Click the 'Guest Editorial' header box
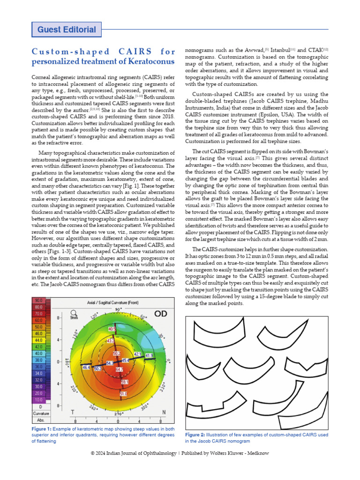click(67, 30)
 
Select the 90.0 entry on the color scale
click(38, 300)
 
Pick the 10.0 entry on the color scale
click(38, 399)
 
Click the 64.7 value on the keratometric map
click(120, 370)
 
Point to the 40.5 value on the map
click(112, 330)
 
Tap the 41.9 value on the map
click(149, 356)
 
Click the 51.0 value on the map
click(123, 395)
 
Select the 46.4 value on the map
click(86, 368)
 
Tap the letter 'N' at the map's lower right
click(163, 412)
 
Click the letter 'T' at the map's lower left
click(72, 412)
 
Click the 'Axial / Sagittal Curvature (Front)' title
click(113, 303)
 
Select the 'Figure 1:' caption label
click(41, 429)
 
